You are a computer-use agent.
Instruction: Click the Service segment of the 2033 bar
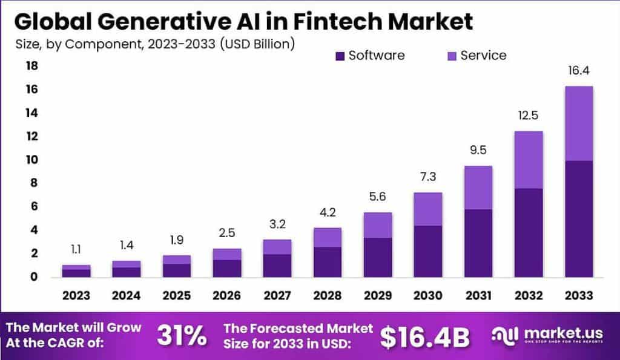[578, 123]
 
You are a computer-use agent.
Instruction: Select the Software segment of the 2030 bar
[427, 251]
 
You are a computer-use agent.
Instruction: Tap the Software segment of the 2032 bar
[528, 232]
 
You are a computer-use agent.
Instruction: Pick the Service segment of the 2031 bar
[478, 188]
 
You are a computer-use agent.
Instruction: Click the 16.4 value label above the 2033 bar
[578, 71]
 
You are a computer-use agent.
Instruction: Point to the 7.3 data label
[427, 177]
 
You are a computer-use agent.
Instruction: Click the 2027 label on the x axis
[277, 295]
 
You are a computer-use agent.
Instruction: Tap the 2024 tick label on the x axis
[127, 295]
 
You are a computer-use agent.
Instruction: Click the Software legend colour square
[340, 56]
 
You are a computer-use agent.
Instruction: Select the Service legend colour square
[451, 56]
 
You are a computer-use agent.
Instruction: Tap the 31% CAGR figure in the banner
[181, 336]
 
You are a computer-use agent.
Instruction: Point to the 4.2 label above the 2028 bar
[327, 213]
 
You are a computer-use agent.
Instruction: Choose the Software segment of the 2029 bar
[377, 257]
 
